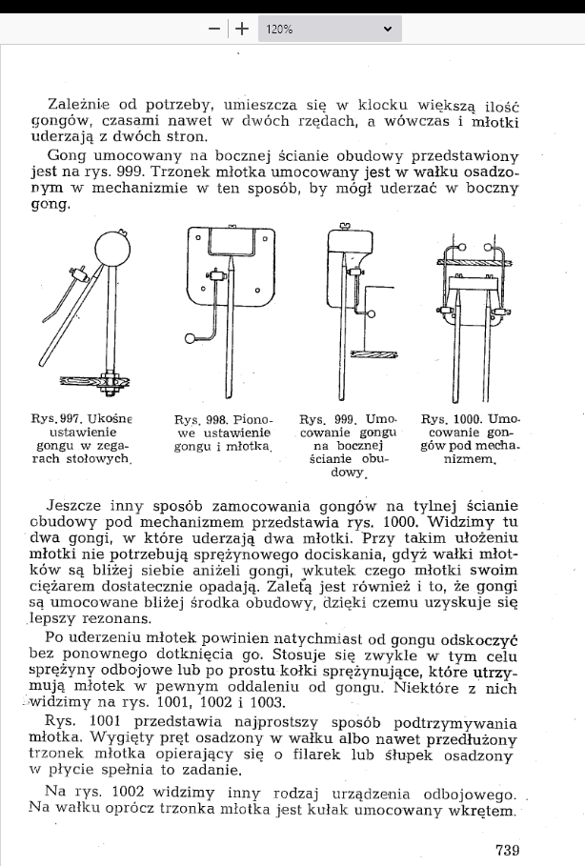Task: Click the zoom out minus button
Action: (x=213, y=29)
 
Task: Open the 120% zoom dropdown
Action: (x=330, y=29)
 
